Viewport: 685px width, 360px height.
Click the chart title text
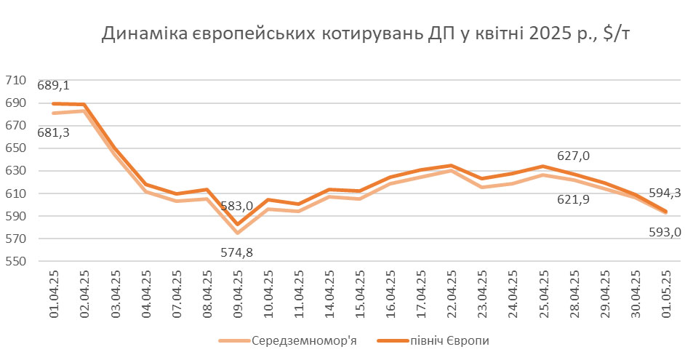click(x=371, y=35)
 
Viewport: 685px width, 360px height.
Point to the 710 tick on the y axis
click(x=17, y=81)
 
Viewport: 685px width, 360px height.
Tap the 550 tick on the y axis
click(x=17, y=262)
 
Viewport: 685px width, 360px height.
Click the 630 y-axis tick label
click(x=17, y=172)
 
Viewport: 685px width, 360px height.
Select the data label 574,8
click(x=237, y=253)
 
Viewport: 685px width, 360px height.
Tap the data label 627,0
click(x=573, y=156)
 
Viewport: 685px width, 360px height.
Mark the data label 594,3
click(x=664, y=193)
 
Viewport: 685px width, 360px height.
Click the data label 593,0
click(x=664, y=232)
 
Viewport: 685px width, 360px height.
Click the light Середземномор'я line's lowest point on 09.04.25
click(x=237, y=233)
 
